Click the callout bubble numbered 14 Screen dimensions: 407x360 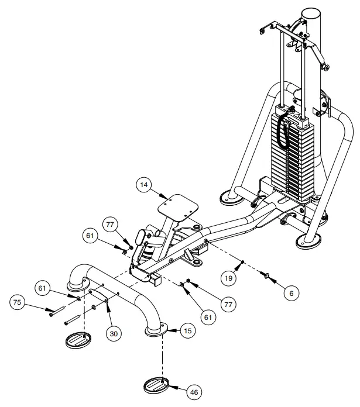(x=145, y=185)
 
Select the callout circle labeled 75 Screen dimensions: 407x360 (x=19, y=303)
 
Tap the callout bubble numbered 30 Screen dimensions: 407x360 (x=114, y=333)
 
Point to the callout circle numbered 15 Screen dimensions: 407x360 (x=187, y=331)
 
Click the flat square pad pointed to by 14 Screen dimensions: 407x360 (x=175, y=205)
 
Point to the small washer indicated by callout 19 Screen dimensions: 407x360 (x=242, y=261)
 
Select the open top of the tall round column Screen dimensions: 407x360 (x=313, y=13)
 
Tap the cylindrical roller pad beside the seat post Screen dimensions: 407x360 (x=142, y=237)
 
